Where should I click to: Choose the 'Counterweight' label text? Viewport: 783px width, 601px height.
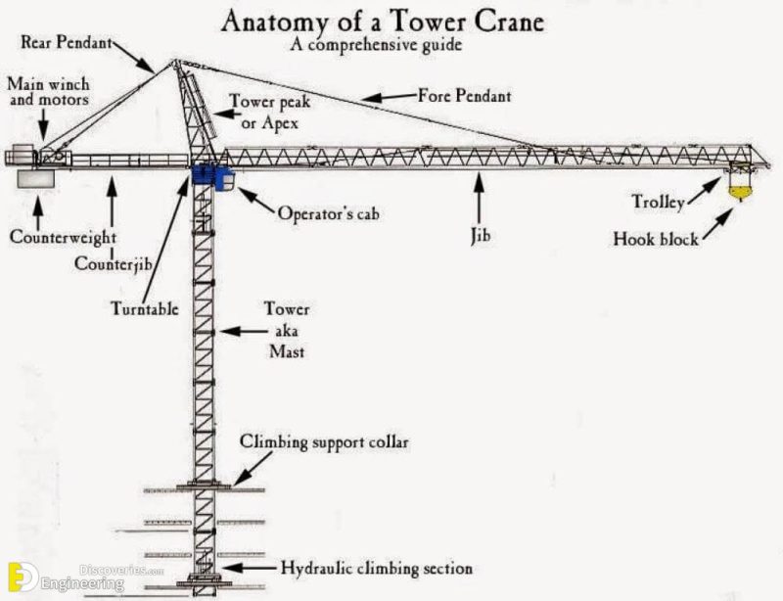click(x=64, y=237)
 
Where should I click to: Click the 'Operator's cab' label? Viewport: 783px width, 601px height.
click(x=327, y=212)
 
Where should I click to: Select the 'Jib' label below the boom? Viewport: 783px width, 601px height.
click(x=479, y=236)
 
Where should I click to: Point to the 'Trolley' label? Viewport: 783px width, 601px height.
click(x=657, y=204)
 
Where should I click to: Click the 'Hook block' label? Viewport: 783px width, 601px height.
click(x=656, y=238)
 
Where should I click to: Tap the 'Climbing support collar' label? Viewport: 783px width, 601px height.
click(x=324, y=442)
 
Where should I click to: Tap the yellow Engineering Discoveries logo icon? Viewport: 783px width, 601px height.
click(x=17, y=577)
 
